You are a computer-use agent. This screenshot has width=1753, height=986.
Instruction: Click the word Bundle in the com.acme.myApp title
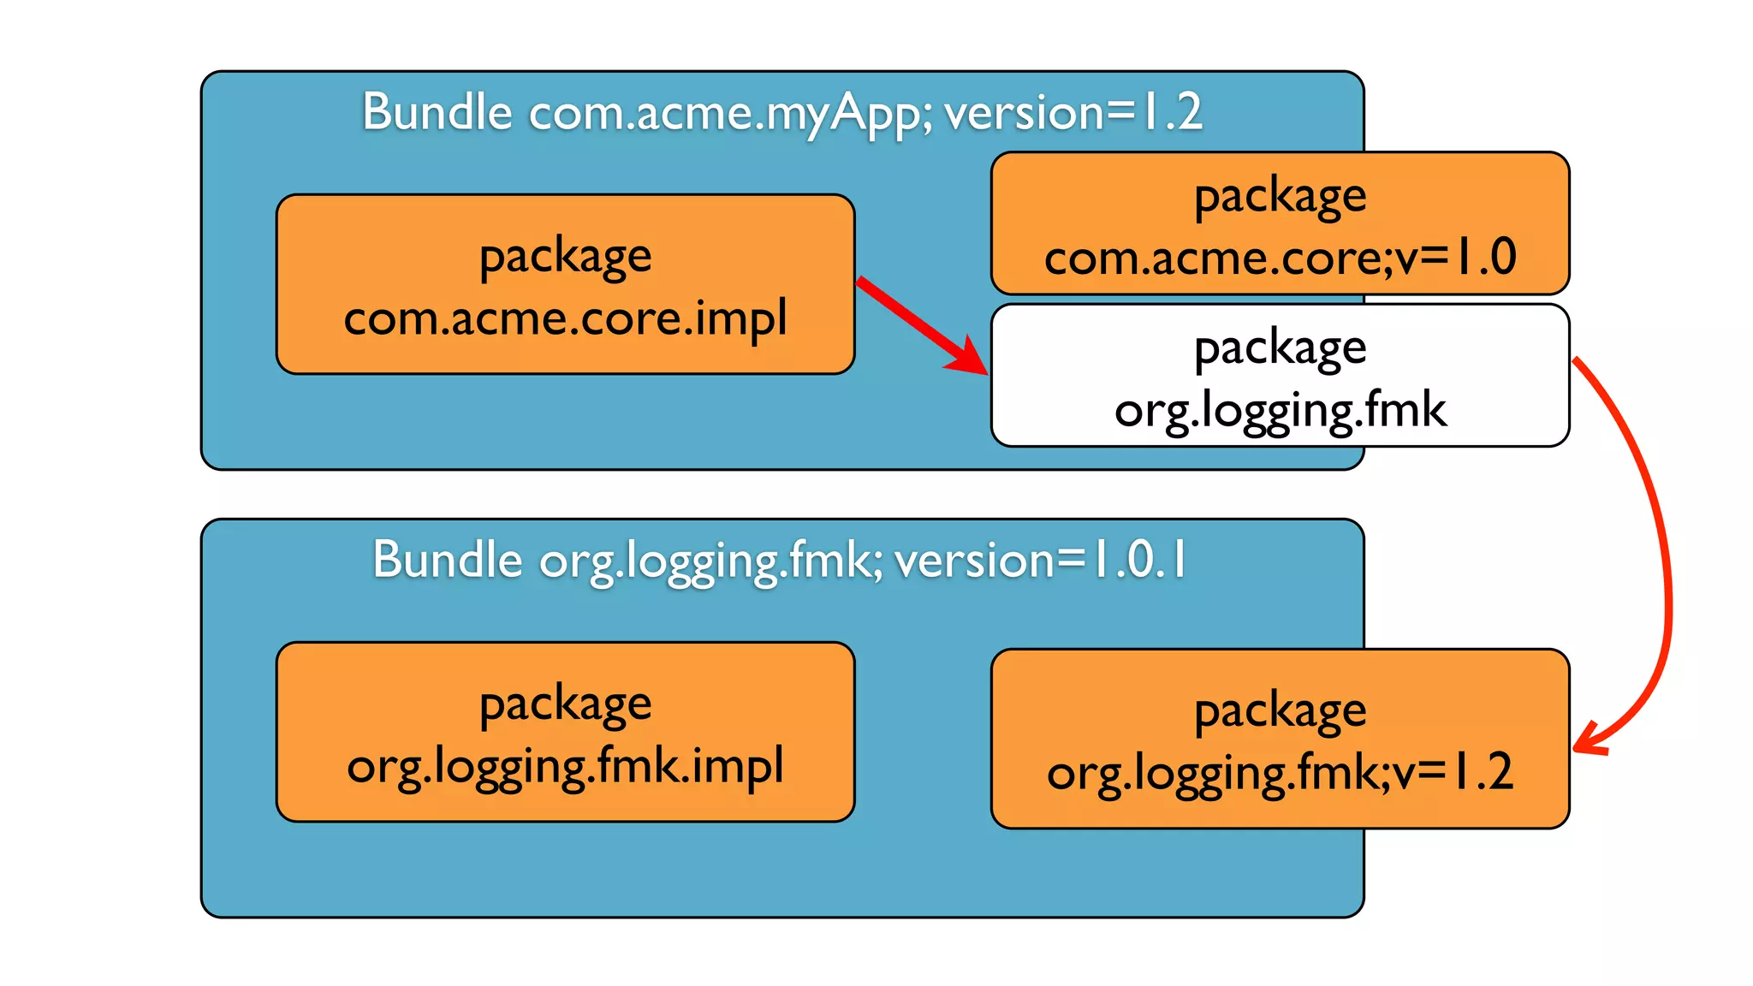point(437,112)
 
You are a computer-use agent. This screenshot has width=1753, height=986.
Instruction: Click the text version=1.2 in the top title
point(1073,112)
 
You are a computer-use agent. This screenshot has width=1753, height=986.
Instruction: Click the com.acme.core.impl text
point(565,318)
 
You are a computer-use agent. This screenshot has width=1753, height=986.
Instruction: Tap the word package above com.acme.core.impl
point(565,257)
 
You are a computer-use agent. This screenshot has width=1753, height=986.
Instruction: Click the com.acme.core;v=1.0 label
point(1280,257)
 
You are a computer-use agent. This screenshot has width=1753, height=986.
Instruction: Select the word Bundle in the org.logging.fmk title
point(447,560)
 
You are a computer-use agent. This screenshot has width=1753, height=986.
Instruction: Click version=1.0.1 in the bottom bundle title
point(1040,560)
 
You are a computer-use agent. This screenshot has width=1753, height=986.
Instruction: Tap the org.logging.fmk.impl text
point(565,765)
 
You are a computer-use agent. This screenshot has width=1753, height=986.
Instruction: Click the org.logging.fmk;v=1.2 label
point(1280,772)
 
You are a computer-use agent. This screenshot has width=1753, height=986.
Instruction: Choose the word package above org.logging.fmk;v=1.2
point(1280,711)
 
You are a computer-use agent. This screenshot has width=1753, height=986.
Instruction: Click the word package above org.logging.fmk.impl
point(565,705)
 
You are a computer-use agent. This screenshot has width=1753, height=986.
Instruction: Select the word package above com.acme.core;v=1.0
point(1280,197)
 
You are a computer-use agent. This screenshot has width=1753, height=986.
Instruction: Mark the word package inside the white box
point(1280,348)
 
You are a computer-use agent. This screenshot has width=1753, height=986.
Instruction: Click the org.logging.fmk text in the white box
point(1280,410)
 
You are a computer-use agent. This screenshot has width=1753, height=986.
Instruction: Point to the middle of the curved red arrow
point(1665,548)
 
